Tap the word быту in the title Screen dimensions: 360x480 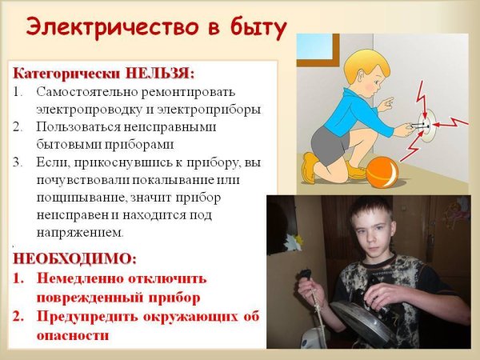pos(255,27)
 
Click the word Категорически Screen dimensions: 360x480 pos(62,74)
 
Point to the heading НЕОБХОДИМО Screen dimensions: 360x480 pos(74,259)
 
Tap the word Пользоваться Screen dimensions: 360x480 pos(80,127)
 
